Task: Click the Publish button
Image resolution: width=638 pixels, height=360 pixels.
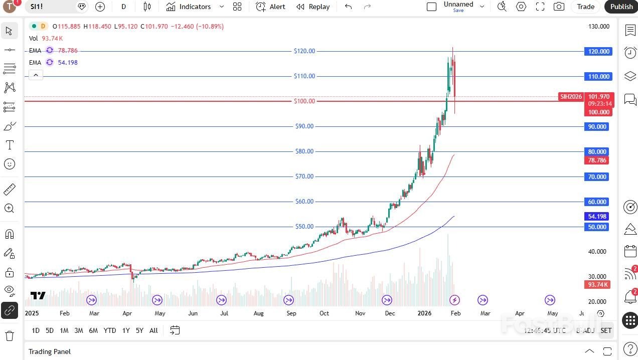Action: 621,7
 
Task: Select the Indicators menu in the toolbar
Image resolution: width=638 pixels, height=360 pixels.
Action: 189,7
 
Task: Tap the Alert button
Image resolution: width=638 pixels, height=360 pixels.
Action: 271,7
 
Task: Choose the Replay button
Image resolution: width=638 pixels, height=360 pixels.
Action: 313,7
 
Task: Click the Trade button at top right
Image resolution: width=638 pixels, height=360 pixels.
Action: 585,7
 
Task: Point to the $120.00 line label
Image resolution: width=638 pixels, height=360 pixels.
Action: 304,51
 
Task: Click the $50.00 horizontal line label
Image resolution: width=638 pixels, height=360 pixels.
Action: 304,227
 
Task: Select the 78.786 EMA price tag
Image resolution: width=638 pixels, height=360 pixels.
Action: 597,160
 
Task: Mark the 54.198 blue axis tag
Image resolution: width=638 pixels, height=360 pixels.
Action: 597,217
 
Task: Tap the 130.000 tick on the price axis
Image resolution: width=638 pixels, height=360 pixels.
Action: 598,27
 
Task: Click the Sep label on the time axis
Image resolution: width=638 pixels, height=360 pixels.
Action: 291,313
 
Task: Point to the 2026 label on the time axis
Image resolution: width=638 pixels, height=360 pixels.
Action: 424,313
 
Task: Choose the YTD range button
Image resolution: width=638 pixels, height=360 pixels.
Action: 110,330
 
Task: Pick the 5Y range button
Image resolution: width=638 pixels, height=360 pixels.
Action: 139,330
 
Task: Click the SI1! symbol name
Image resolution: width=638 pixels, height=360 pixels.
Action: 37,7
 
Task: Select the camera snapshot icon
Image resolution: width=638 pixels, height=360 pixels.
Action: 558,7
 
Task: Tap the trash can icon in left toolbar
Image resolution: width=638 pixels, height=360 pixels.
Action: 9,335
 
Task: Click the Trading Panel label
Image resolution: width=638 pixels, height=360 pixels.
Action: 50,351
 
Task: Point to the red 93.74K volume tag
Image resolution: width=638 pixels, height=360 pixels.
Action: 598,285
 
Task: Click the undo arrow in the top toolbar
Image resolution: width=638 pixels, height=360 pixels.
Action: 349,7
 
